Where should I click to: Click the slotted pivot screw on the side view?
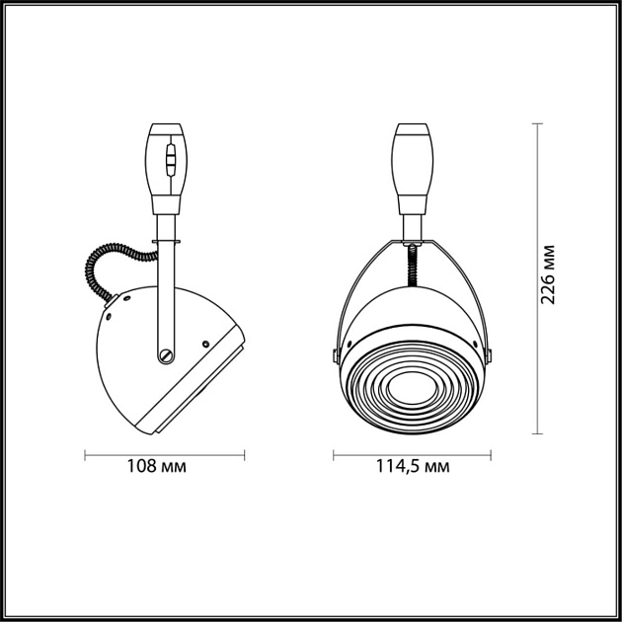(x=166, y=350)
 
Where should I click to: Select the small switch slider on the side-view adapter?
(x=171, y=159)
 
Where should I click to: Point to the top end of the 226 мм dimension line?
(x=537, y=123)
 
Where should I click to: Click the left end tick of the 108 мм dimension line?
(x=86, y=455)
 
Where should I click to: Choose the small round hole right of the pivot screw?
(x=204, y=345)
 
